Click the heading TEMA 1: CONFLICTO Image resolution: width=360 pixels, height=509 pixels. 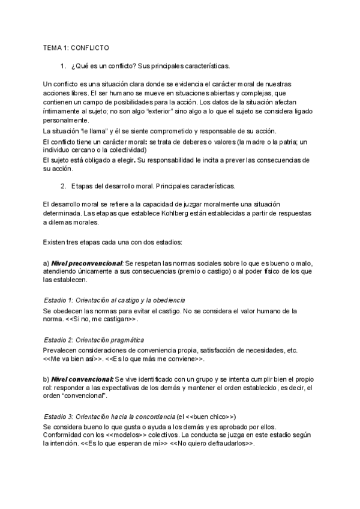[x=76, y=47]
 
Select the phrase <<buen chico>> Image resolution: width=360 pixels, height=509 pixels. [x=207, y=416]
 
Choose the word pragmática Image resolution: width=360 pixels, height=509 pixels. [x=125, y=340]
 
